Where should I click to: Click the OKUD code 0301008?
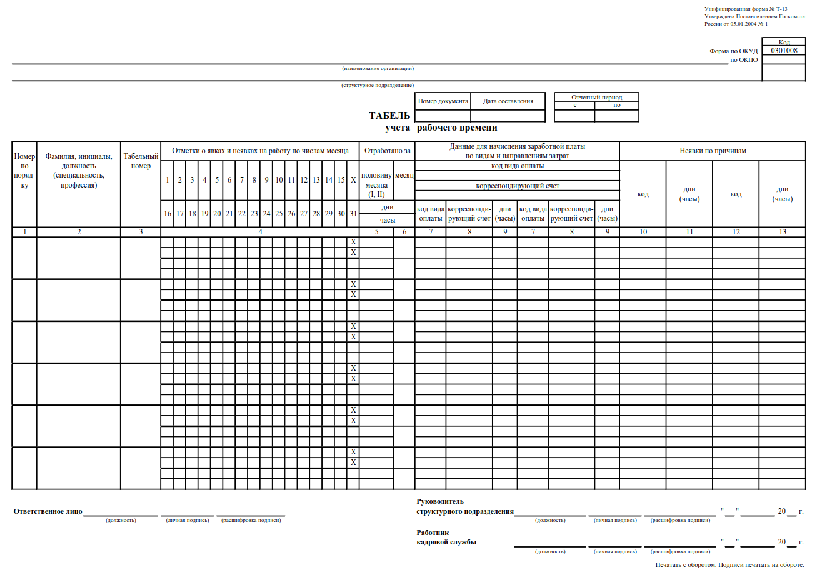tap(784, 51)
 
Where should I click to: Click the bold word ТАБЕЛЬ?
tap(389, 116)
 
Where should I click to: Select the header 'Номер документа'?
tap(443, 101)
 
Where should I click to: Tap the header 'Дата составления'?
tap(508, 101)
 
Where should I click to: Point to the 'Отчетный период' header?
tap(596, 98)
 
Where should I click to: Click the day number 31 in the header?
tap(353, 213)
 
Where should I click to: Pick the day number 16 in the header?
tap(168, 213)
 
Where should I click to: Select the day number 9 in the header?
tap(266, 180)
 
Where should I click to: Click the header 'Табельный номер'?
tap(141, 161)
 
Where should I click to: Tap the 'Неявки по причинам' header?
tap(713, 151)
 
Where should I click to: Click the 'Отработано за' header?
tap(387, 151)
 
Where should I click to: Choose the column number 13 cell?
tap(782, 233)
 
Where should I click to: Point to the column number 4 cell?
tap(260, 233)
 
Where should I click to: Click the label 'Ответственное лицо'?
tap(48, 511)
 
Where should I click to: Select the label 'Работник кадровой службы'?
tap(446, 537)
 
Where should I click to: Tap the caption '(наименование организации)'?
tap(378, 68)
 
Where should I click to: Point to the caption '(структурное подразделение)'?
tap(378, 85)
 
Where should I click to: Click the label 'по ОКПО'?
tap(744, 60)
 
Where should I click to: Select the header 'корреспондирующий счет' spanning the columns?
tap(517, 186)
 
